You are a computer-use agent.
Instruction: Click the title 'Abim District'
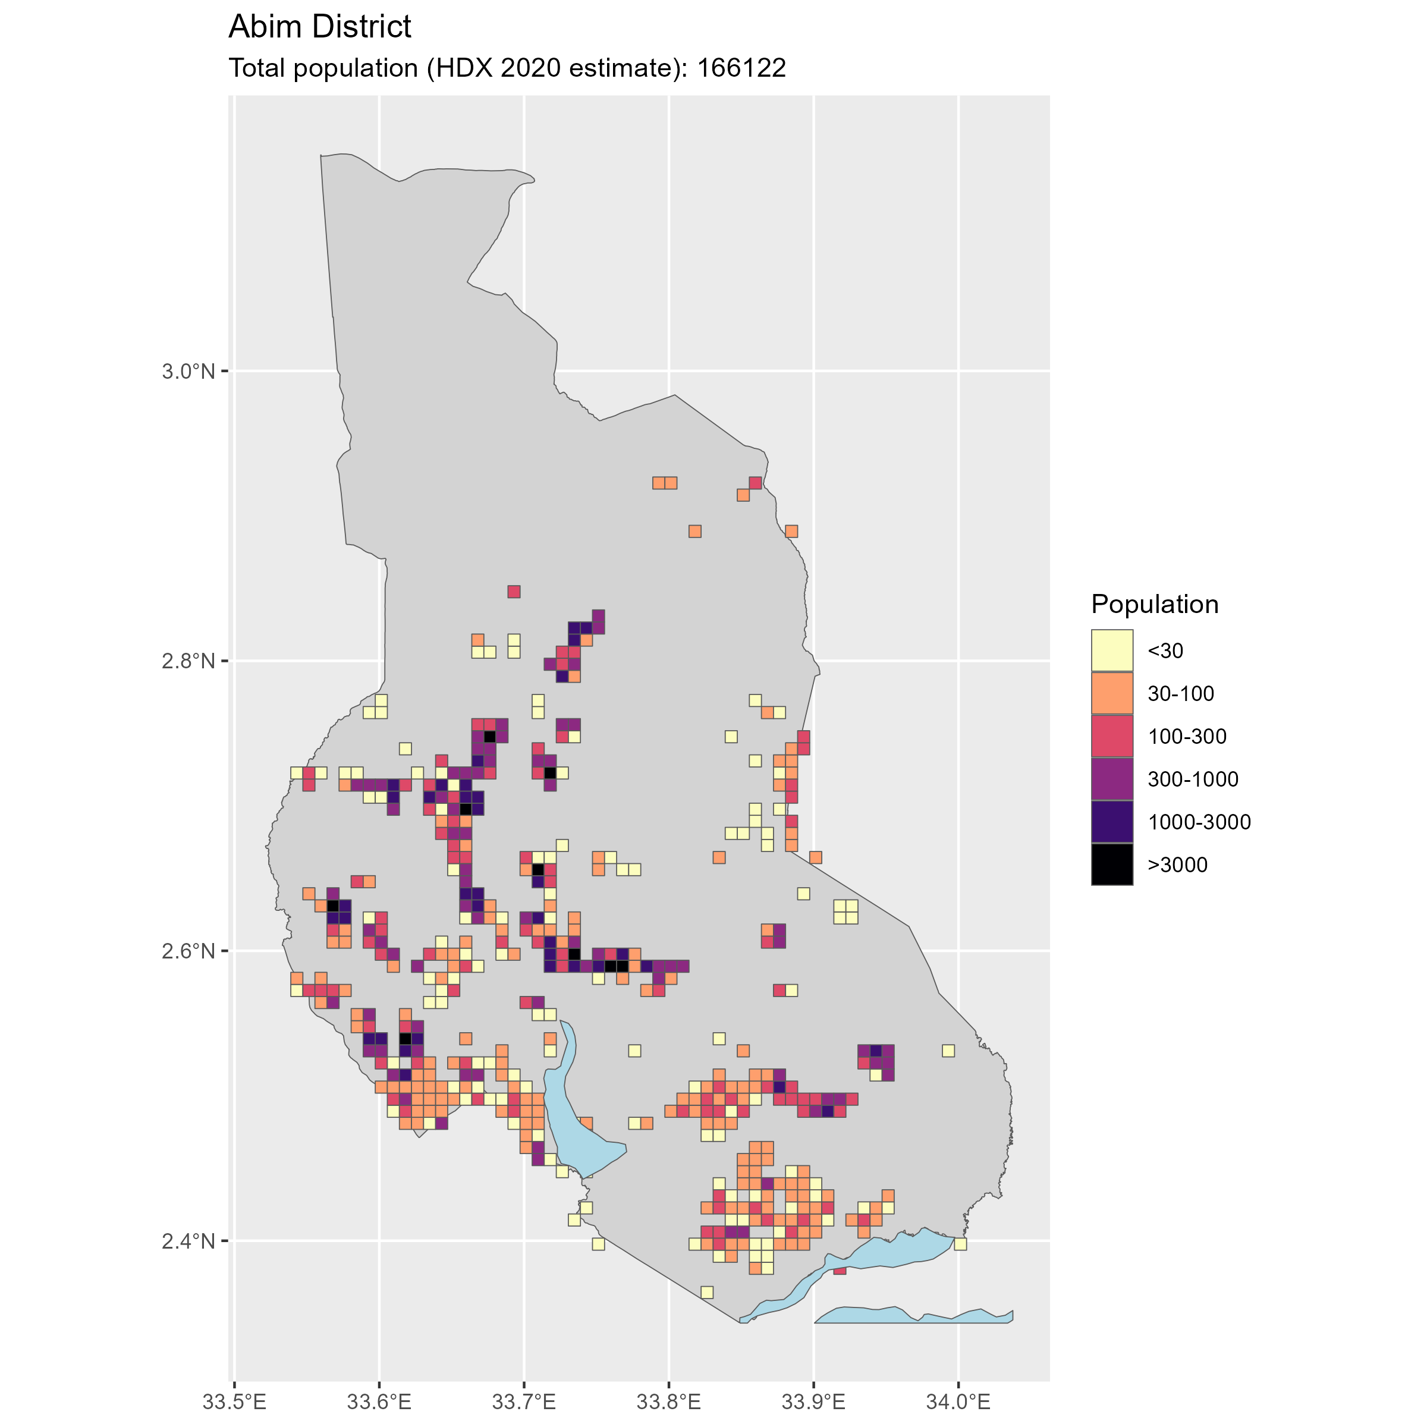click(x=320, y=27)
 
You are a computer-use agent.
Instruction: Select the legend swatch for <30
click(x=1112, y=650)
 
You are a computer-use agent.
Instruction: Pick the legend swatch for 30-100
click(x=1112, y=693)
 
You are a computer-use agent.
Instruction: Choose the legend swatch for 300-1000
click(x=1112, y=778)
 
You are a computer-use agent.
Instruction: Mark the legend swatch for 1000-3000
click(x=1112, y=821)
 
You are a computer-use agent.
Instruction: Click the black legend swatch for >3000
click(x=1112, y=864)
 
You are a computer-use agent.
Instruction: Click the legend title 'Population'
click(x=1155, y=604)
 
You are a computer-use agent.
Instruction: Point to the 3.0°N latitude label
click(x=188, y=371)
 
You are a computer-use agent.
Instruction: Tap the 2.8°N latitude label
click(x=188, y=661)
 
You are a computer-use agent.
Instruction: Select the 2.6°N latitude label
click(x=188, y=951)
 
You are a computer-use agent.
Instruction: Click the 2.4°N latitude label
click(x=188, y=1240)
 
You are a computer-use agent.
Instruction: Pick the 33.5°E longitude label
click(x=234, y=1400)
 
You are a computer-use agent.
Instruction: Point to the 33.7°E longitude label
click(x=524, y=1400)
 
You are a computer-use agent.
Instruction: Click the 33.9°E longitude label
click(x=813, y=1400)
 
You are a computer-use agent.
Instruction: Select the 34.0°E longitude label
click(x=958, y=1400)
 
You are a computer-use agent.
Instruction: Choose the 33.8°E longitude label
click(x=668, y=1400)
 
